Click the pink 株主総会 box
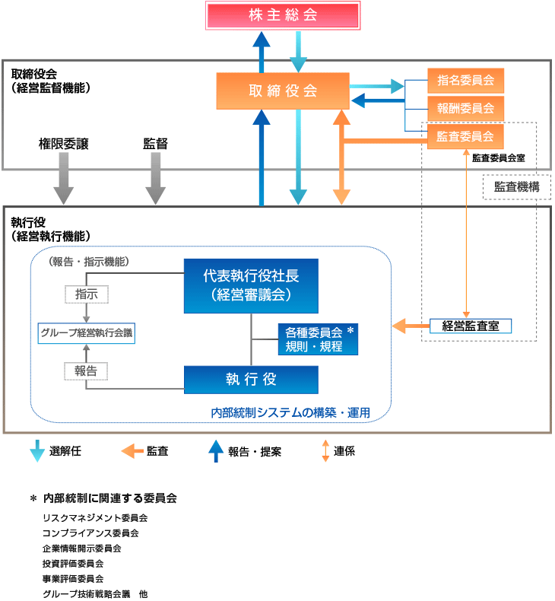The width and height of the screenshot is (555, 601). [x=282, y=15]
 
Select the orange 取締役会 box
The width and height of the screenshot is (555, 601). [x=283, y=91]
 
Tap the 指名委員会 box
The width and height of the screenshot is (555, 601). [x=465, y=79]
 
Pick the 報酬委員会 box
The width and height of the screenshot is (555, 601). [x=465, y=108]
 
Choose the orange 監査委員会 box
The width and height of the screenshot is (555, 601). [x=465, y=137]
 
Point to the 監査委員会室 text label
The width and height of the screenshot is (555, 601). [x=498, y=158]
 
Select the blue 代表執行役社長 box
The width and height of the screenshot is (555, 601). [x=251, y=285]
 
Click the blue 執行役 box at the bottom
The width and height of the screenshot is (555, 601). [x=251, y=379]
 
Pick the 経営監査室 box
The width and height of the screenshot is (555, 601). [x=470, y=326]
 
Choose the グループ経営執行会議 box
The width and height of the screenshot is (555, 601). [x=87, y=332]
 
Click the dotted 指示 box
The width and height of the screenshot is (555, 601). [x=86, y=294]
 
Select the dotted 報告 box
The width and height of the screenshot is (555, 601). [x=86, y=370]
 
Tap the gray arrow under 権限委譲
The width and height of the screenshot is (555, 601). [x=64, y=180]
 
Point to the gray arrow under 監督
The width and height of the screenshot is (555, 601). [x=155, y=180]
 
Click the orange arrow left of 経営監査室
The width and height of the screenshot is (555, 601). [x=411, y=326]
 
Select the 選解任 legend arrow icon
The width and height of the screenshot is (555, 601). [x=36, y=451]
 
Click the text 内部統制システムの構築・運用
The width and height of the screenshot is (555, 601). [x=290, y=413]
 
